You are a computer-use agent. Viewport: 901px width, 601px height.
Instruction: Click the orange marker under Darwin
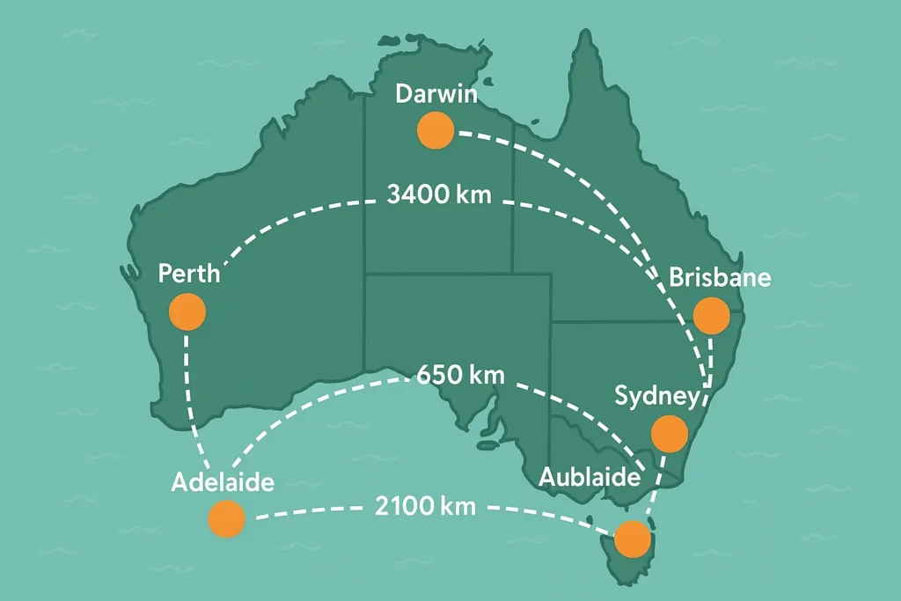click(x=435, y=130)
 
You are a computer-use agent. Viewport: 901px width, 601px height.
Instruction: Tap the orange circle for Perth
click(x=187, y=311)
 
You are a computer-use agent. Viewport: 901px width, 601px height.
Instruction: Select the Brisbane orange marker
click(x=712, y=315)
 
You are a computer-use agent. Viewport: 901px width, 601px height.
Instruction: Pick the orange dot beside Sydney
click(x=669, y=433)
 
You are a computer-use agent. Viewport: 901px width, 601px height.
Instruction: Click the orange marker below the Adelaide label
click(x=226, y=519)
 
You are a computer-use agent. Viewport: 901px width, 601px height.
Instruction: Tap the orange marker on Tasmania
click(x=632, y=539)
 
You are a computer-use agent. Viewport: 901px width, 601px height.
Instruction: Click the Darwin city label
click(x=436, y=94)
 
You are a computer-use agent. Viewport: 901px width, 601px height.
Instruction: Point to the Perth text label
click(x=189, y=273)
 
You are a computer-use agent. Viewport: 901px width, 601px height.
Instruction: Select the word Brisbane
click(x=720, y=278)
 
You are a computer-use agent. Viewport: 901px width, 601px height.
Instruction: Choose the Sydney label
click(x=656, y=395)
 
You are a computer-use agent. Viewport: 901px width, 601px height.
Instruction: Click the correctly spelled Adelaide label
click(x=223, y=482)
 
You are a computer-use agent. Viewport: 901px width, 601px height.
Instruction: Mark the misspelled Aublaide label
click(x=589, y=478)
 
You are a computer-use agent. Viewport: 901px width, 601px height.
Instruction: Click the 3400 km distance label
click(x=440, y=194)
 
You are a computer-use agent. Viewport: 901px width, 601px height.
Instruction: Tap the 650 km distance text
click(x=461, y=374)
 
